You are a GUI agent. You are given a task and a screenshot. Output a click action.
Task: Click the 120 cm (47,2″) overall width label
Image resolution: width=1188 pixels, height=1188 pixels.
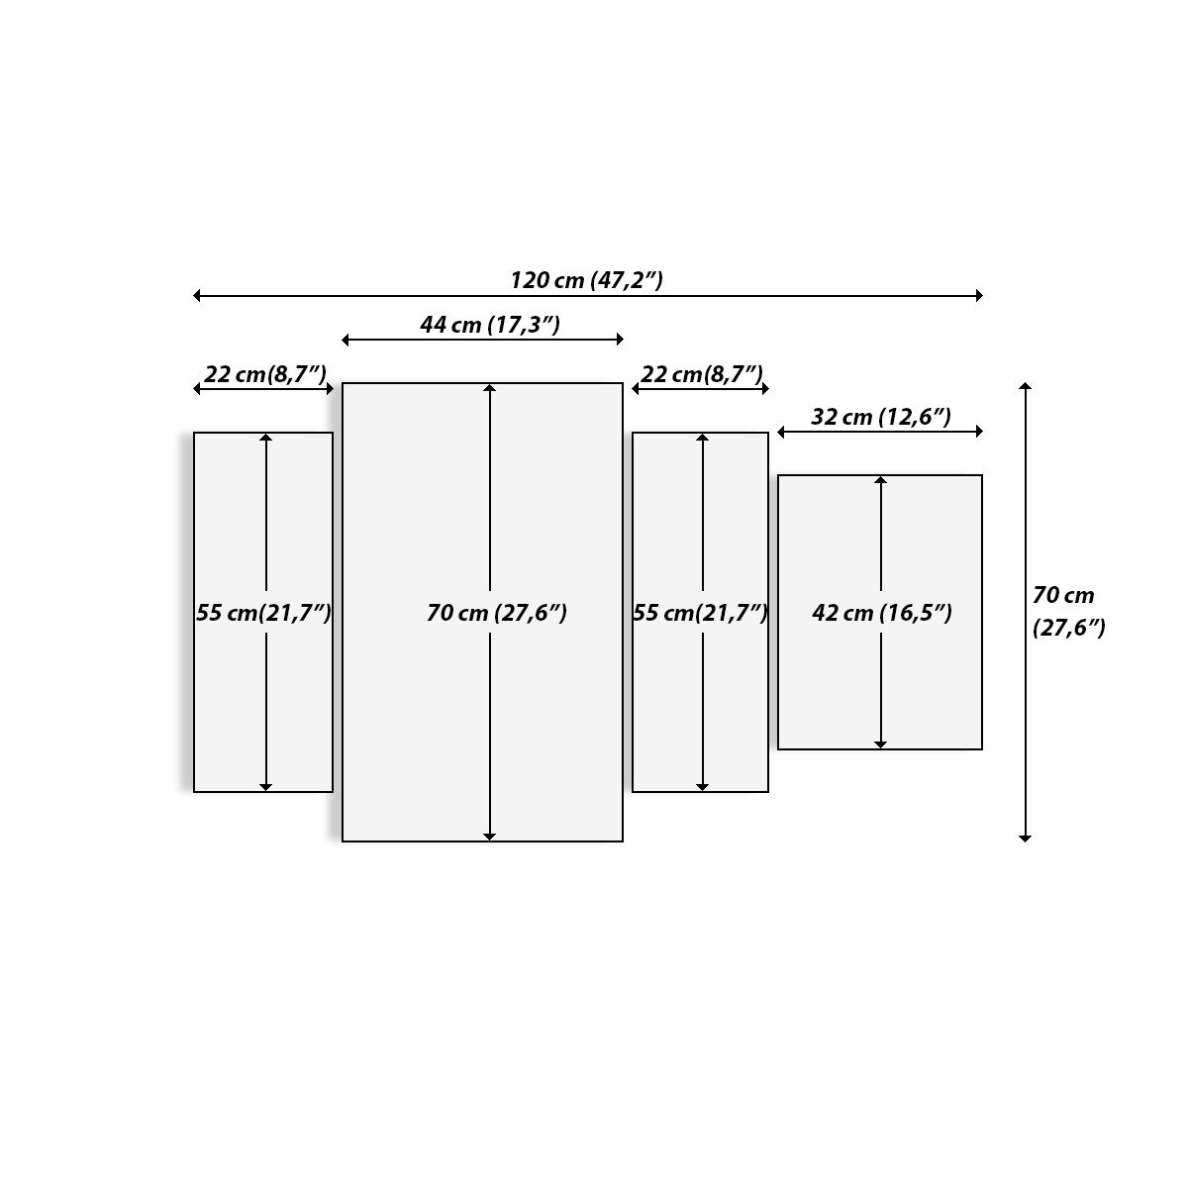point(586,280)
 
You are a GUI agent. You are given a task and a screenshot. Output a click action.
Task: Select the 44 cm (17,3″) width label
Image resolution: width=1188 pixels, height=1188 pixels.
point(490,325)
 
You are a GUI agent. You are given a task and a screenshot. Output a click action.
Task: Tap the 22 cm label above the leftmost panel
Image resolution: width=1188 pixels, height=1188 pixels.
point(264,374)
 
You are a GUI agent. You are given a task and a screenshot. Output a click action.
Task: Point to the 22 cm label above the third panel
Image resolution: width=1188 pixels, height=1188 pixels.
point(701,374)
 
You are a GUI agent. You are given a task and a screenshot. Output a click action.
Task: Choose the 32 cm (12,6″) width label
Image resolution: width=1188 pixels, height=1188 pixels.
point(881,417)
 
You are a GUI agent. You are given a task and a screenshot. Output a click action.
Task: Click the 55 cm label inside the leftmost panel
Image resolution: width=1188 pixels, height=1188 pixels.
point(263,613)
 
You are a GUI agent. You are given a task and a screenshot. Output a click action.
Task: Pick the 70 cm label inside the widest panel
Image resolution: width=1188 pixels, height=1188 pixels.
point(496,613)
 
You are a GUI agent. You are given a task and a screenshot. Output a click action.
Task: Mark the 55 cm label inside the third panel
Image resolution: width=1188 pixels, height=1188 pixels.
point(700,613)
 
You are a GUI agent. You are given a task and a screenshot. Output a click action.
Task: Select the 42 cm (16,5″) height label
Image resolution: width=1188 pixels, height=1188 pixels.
point(881,613)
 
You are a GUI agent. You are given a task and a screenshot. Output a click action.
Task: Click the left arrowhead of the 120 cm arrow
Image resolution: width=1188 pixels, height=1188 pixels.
point(198,295)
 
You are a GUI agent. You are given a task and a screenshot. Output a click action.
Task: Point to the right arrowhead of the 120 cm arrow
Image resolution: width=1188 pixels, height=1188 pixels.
point(978,295)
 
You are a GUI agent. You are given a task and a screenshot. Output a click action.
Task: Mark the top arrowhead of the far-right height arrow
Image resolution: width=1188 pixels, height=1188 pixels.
point(1026,386)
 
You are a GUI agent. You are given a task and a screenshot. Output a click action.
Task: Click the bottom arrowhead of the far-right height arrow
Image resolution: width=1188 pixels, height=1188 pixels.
point(1026,838)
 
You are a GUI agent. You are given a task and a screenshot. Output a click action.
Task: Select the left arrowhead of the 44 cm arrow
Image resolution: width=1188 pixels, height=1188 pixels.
point(346,340)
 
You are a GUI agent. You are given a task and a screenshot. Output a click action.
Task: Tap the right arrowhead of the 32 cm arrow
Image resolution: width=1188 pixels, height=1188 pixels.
point(978,431)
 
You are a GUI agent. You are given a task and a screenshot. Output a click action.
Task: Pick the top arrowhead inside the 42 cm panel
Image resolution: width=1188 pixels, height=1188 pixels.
point(880,480)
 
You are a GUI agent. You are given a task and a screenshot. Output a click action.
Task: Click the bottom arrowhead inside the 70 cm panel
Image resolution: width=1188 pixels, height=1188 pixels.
point(489,837)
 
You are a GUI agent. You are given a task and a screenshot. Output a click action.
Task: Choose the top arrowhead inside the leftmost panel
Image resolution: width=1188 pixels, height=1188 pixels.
point(265,438)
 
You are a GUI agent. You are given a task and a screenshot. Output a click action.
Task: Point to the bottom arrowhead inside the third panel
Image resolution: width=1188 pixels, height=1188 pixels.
point(702,787)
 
